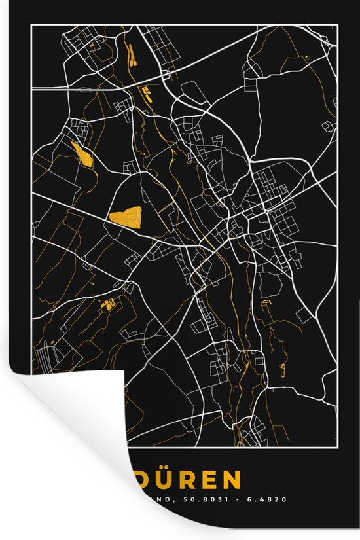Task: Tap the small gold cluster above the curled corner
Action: pyautogui.click(x=108, y=304)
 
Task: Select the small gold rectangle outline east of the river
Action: pyautogui.click(x=266, y=303)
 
